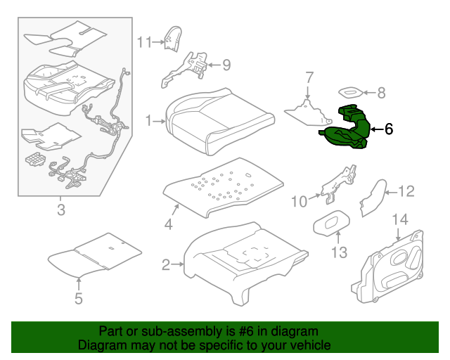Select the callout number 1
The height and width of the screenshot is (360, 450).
coord(148,121)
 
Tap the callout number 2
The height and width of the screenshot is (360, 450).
coord(166,265)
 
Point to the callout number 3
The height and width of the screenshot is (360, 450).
coord(60,210)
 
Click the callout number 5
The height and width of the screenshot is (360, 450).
coord(78,298)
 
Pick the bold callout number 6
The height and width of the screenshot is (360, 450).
coord(389,129)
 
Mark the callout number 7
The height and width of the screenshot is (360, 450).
coord(308,77)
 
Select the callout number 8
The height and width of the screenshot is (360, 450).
coord(382,91)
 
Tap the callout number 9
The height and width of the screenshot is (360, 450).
coord(226,65)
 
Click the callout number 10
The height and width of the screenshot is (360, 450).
coord(299,202)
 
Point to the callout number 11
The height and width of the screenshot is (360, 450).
coord(144,41)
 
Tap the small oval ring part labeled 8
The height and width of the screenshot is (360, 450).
coord(352,91)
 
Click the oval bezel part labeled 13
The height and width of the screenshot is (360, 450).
coord(330,222)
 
